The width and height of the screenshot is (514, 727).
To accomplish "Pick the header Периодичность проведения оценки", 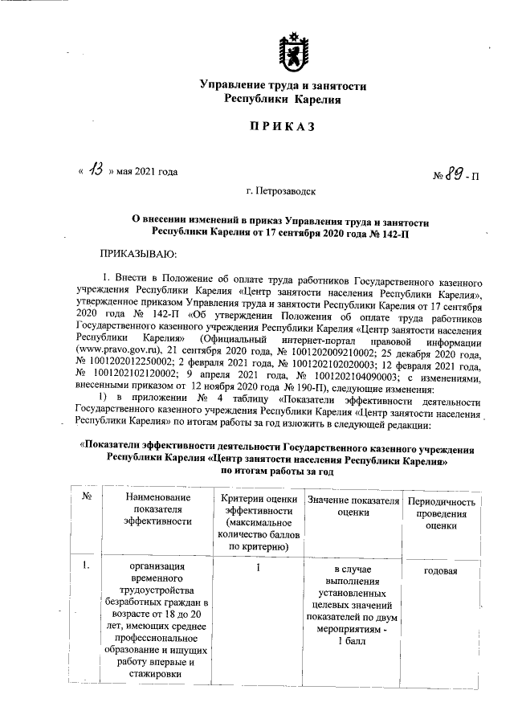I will point(442,513).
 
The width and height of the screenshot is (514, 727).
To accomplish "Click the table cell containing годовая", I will point(441,570).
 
